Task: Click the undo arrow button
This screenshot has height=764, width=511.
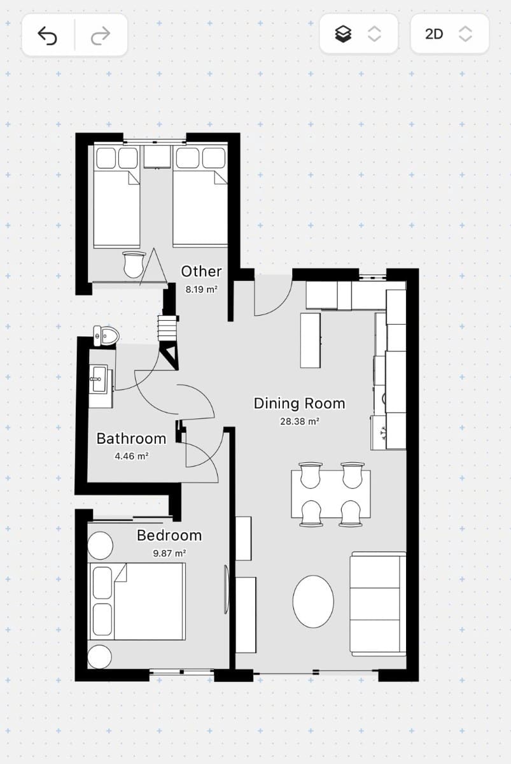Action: tap(48, 36)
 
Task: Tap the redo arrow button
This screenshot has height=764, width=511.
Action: tap(101, 36)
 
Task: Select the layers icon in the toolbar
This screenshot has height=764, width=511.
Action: tap(344, 34)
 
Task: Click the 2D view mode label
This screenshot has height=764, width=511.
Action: tap(434, 34)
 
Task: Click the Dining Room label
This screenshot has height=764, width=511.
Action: tap(299, 403)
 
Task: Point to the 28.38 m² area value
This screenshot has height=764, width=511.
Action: tap(299, 421)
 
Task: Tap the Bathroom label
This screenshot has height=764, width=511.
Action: tap(131, 439)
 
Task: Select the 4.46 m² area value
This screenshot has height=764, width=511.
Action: tap(131, 456)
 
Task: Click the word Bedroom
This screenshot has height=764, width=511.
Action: tap(169, 535)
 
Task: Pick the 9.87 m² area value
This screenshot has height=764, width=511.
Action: tap(169, 553)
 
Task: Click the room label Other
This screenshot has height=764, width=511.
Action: tap(201, 271)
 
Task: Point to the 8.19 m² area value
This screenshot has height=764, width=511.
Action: tap(201, 289)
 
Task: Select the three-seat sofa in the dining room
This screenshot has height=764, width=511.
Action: tap(378, 604)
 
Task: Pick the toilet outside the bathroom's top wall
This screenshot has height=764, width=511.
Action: tap(106, 336)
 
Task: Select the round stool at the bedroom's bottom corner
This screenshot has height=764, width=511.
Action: tap(99, 656)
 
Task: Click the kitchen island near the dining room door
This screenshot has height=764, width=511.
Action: tap(310, 340)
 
